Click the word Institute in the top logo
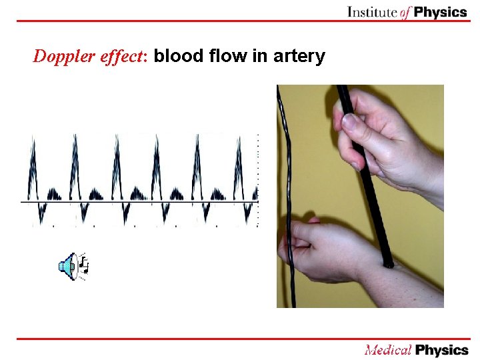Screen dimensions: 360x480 [x=373, y=12]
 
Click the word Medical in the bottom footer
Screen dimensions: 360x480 [x=387, y=350]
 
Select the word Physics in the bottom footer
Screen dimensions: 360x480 [x=441, y=350]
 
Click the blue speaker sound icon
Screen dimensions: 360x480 [x=67, y=267]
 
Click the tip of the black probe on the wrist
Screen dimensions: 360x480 [x=388, y=264]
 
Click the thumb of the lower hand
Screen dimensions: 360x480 [x=303, y=225]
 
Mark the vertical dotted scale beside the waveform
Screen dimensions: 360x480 [x=258, y=180]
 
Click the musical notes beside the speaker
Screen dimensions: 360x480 [x=83, y=265]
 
